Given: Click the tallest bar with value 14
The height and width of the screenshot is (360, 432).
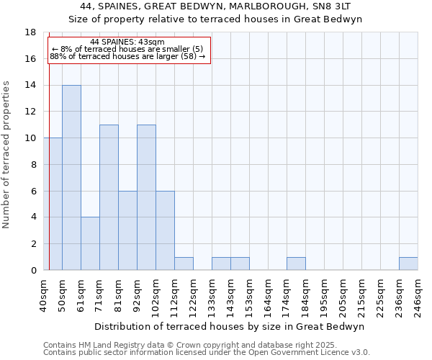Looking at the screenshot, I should point(71,177).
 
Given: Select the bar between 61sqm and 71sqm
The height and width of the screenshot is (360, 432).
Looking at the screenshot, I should point(90,243).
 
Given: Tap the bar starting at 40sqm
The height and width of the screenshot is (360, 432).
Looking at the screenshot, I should point(53,204).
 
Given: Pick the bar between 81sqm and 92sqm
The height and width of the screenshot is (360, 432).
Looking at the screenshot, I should point(127,230).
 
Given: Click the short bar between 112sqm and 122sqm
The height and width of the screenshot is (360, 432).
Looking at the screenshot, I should point(184,264).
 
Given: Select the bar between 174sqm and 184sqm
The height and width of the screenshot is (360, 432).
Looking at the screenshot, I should point(296,264).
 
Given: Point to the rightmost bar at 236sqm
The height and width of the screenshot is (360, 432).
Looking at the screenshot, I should point(408,264).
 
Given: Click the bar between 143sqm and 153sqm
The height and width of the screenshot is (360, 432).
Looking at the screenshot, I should point(240,264).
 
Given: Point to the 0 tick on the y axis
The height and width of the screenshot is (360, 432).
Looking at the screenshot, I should point(33,270).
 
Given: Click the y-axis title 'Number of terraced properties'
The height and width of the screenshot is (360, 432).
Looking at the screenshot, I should point(7,154).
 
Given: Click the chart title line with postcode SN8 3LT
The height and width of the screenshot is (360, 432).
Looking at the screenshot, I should point(215,6).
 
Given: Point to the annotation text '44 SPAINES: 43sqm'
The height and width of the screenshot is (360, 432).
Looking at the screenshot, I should point(128,42).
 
